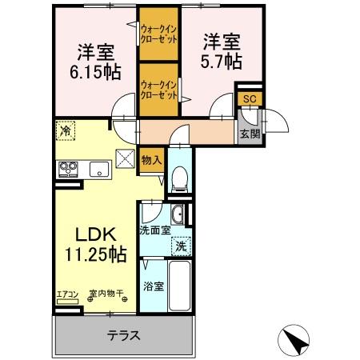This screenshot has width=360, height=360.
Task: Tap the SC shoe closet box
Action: (249, 98)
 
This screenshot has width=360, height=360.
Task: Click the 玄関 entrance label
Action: (249, 133)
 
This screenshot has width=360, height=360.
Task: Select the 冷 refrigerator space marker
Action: (65, 130)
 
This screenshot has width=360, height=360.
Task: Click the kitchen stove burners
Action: (66, 168)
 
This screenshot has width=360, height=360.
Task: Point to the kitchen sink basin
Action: (99, 168)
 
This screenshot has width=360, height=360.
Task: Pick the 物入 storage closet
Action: (151, 160)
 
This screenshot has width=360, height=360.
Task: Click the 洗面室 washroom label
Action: (155, 231)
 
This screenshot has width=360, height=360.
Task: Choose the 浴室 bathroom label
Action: (154, 285)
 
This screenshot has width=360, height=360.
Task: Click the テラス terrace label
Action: (124, 335)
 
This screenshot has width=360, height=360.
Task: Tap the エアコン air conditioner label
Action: (67, 294)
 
